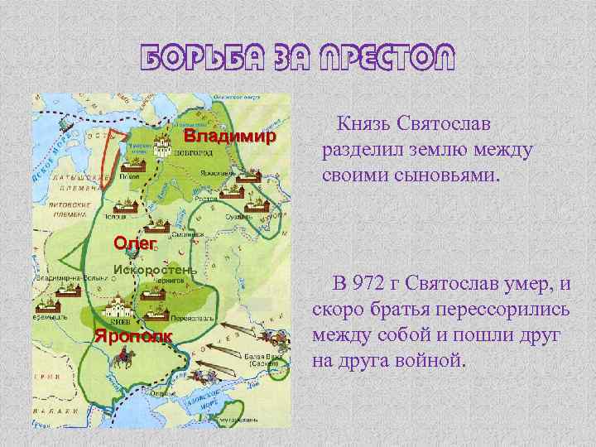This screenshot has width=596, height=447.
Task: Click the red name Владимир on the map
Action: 228,135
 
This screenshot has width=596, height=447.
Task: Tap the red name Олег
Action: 135,243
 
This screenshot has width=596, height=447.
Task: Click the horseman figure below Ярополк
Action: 125,356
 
